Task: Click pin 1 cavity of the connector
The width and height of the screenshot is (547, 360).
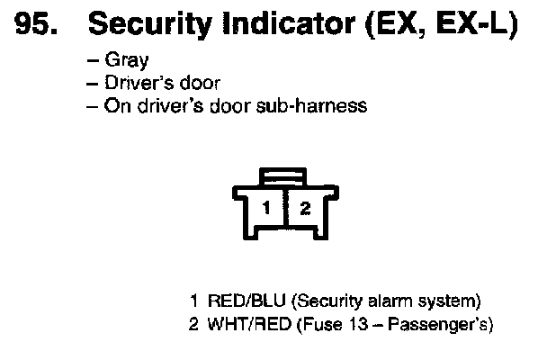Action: [266, 209]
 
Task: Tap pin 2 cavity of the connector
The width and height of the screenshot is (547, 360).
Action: [305, 209]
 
